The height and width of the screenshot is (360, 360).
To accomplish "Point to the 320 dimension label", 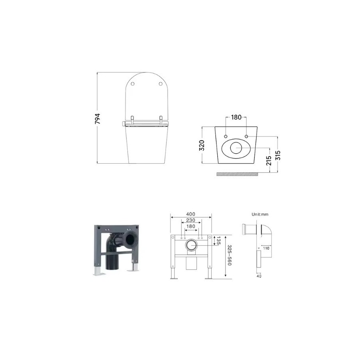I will coord(202,145).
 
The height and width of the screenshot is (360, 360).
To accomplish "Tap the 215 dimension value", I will coord(269,160).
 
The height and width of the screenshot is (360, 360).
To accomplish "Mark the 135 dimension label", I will coord(218,240).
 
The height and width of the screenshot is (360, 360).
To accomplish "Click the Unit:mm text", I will coord(260,214).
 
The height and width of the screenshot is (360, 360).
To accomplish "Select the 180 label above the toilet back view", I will coord(236,118).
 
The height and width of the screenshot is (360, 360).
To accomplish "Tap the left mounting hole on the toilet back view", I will coord(226,136).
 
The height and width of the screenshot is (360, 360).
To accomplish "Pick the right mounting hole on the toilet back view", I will coord(246,136).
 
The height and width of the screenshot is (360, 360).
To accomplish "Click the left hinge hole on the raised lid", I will coord(133,84).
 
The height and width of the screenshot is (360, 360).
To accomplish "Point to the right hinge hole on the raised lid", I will coord(160,84).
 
